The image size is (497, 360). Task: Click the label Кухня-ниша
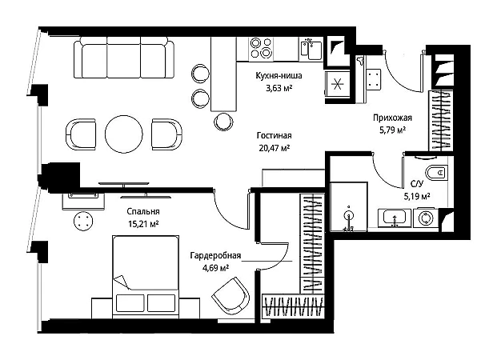tap(279, 76)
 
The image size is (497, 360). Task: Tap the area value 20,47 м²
tap(275, 148)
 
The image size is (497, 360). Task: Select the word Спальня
tap(143, 211)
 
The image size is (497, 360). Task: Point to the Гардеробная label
tap(215, 255)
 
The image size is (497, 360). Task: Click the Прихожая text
tap(392, 118)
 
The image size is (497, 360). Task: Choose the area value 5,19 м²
tap(416, 197)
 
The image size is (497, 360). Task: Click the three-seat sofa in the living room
tap(124, 58)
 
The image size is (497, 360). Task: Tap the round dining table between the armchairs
tap(123, 134)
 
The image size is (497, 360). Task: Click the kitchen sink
tap(311, 49)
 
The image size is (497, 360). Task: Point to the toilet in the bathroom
tap(436, 173)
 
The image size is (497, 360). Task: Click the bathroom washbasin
tap(394, 218)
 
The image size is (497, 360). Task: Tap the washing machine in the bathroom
tap(425, 218)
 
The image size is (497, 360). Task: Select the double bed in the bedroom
tap(146, 275)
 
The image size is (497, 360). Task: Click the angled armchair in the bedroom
tap(230, 296)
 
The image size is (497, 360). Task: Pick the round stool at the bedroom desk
tap(83, 221)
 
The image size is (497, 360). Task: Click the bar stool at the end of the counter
tap(223, 122)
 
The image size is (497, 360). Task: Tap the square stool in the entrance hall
tap(374, 79)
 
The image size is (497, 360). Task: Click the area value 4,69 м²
tap(216, 268)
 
